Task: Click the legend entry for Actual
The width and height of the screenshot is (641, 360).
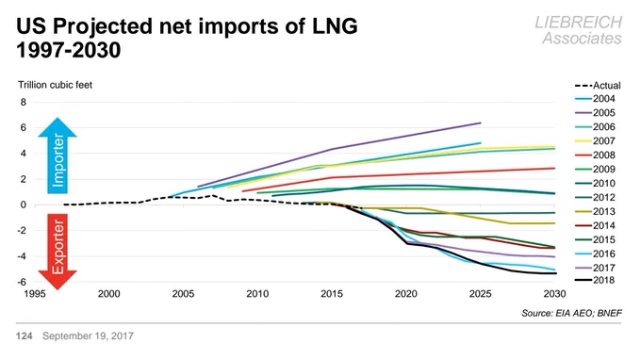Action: coord(598,86)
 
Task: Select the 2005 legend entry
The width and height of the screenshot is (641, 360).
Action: coord(595,113)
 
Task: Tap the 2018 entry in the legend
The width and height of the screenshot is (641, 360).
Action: coord(595,280)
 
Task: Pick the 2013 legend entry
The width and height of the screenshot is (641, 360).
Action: coord(595,212)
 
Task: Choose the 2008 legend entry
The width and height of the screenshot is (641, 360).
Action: coord(595,155)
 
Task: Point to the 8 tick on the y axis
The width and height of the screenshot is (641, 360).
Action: coord(23,102)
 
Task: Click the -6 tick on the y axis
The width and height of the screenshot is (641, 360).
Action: coord(22,282)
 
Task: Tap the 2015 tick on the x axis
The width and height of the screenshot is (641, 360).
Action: coord(332,294)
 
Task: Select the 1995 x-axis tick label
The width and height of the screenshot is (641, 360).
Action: coord(35,294)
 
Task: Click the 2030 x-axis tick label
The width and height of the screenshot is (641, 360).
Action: coord(554,294)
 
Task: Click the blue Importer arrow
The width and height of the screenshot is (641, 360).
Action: coord(58,155)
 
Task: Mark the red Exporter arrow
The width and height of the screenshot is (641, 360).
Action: coord(58,252)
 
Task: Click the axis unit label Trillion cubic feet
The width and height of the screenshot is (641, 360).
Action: coord(56,85)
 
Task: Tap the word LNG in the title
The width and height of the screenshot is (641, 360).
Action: coord(335,26)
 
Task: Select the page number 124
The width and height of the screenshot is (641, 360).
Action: coord(25,335)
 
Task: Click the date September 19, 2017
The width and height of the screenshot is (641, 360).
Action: coord(88,335)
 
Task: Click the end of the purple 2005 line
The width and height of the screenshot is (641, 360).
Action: coord(481,123)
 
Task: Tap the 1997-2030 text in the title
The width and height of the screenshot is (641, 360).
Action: coord(69,50)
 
